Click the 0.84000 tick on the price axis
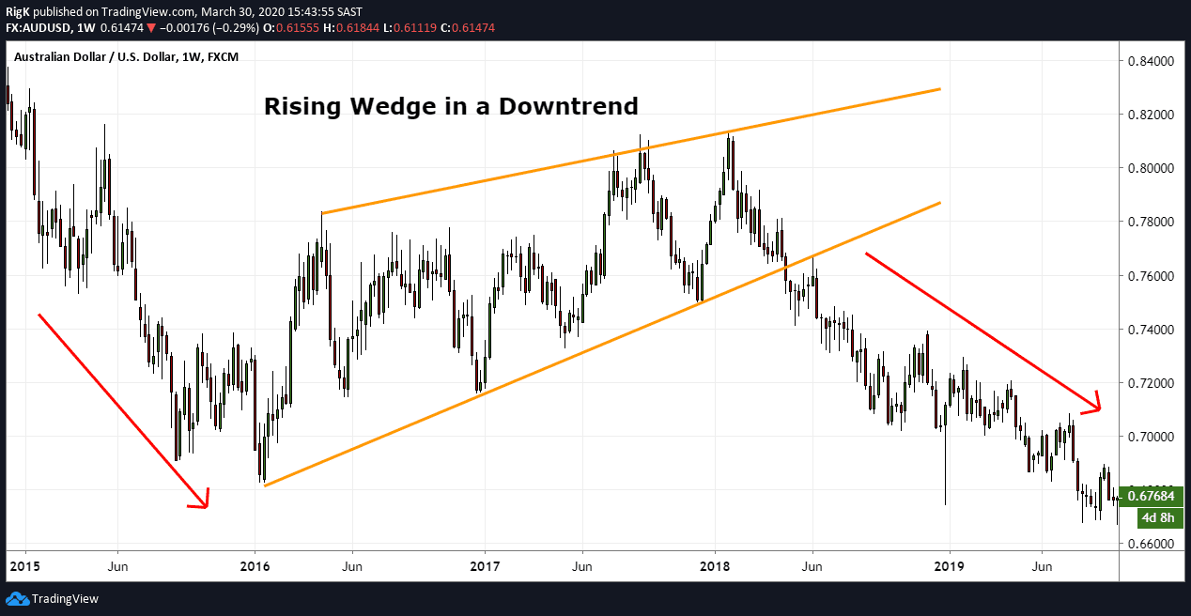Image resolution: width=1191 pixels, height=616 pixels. tap(1152, 61)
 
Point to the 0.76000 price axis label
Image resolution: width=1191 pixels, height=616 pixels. tap(1152, 276)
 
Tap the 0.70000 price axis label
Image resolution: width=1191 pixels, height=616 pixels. tap(1152, 437)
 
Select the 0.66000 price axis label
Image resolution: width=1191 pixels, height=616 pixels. tap(1152, 544)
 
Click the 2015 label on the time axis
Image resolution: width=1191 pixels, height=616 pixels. tap(24, 566)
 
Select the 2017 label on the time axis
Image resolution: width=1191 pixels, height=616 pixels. tap(485, 566)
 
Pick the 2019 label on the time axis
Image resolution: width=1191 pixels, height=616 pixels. tap(950, 566)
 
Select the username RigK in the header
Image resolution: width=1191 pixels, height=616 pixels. tap(18, 11)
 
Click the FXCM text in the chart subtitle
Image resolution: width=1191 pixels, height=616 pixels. tap(223, 57)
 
